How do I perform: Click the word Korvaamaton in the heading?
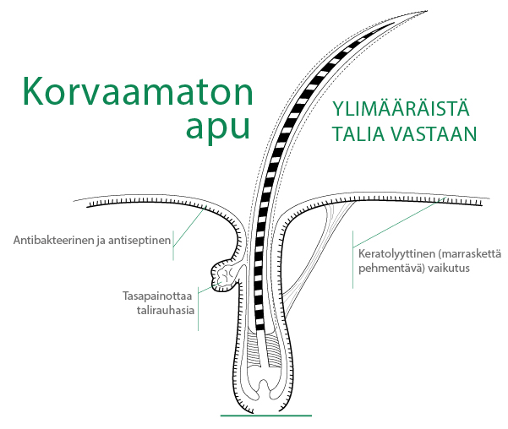pyautogui.click(x=138, y=91)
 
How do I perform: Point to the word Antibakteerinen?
pyautogui.click(x=54, y=240)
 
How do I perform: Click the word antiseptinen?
pyautogui.click(x=139, y=240)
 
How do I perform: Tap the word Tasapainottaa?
pyautogui.click(x=157, y=296)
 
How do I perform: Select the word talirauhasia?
pyautogui.click(x=165, y=310)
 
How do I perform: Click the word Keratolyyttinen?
pyautogui.click(x=397, y=253)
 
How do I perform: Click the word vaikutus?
pyautogui.click(x=448, y=268)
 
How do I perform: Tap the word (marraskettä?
pyautogui.click(x=470, y=253)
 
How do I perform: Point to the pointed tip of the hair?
pyautogui.click(x=426, y=11)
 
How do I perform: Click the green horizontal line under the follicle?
pyautogui.click(x=266, y=415)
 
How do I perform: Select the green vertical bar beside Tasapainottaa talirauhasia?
pyautogui.click(x=199, y=308)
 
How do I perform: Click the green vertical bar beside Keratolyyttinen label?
pyautogui.click(x=352, y=259)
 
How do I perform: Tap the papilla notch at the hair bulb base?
pyautogui.click(x=264, y=386)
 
